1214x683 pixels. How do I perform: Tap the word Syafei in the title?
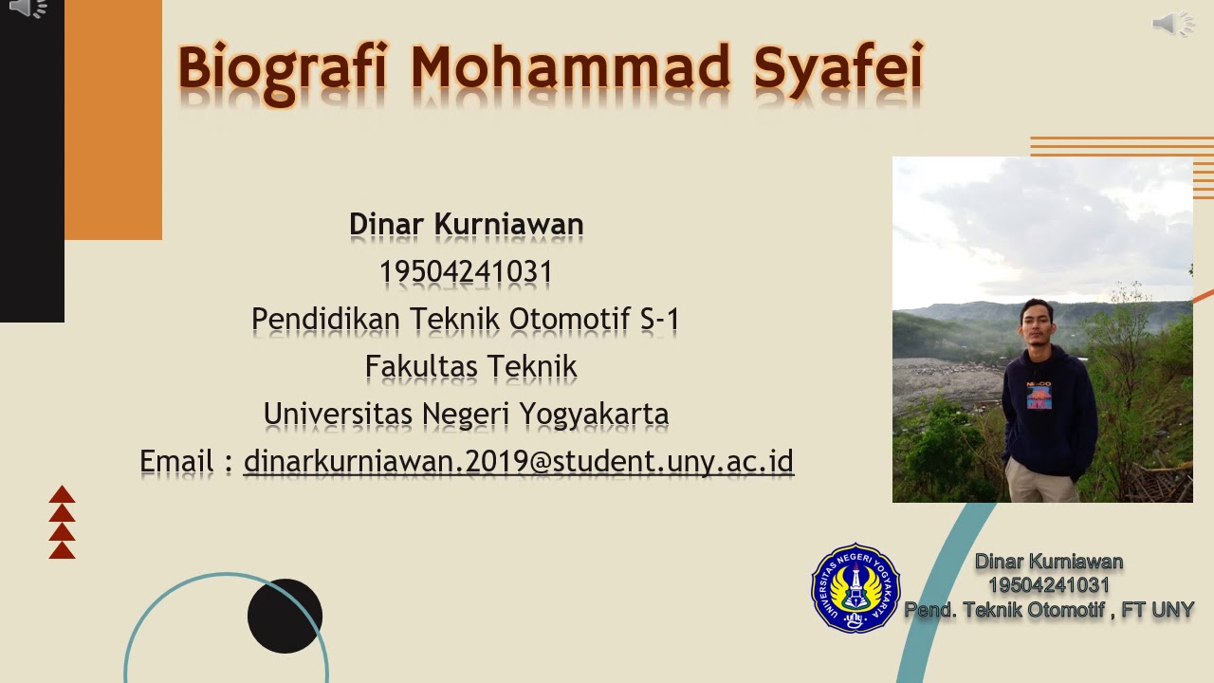838,68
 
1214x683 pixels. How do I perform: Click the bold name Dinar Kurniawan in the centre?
466,225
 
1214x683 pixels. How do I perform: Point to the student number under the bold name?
466,272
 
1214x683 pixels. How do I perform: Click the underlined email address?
518,461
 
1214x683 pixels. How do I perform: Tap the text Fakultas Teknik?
470,366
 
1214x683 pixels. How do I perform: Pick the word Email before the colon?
177,461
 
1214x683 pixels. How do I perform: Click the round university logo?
855,588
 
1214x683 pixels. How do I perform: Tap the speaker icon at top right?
1172,24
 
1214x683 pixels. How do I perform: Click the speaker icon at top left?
28,9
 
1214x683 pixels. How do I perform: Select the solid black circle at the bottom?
285,616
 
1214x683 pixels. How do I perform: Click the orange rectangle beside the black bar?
113,119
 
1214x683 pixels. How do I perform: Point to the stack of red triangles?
62,522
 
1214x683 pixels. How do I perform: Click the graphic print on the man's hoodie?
1039,396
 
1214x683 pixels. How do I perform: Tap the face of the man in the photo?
1037,324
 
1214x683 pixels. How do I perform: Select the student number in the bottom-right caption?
1048,585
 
